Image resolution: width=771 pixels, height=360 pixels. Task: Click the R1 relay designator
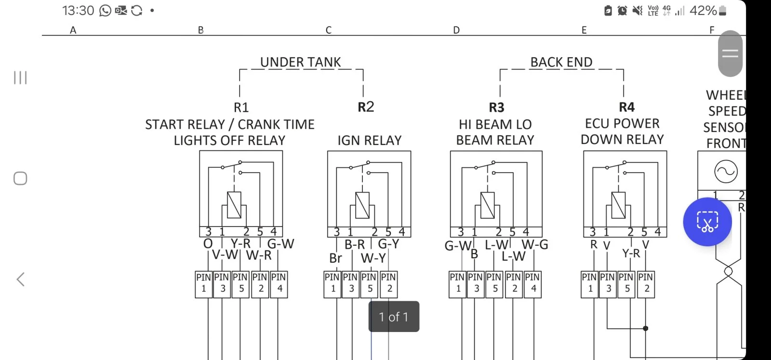(241, 107)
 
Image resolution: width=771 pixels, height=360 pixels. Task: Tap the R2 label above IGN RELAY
(366, 107)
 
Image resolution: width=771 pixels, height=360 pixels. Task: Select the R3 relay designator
(496, 107)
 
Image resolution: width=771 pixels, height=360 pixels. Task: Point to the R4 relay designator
(626, 107)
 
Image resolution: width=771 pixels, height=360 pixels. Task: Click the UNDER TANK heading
(300, 62)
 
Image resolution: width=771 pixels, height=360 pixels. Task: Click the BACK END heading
(561, 62)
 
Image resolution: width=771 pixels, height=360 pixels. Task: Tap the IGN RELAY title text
(369, 140)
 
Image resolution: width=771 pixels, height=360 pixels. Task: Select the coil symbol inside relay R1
(234, 205)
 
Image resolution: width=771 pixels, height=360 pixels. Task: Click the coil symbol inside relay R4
(618, 205)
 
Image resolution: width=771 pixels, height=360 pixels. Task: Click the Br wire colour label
(335, 258)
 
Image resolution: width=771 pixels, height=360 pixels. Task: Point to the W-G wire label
(535, 244)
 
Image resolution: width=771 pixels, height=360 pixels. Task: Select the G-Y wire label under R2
(388, 244)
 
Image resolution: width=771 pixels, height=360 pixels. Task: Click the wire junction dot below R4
(646, 328)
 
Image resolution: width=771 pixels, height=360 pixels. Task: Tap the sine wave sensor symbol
(726, 172)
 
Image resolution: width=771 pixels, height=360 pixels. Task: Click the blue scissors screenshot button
(707, 222)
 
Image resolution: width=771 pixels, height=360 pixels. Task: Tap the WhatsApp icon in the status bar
(105, 11)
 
